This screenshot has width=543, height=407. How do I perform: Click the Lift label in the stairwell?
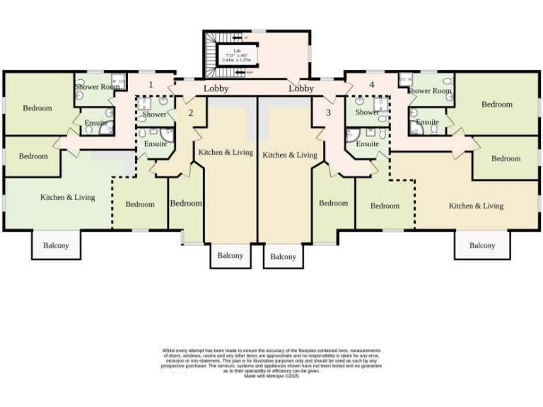pyautogui.click(x=237, y=51)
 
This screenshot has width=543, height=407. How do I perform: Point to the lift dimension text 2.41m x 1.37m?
pyautogui.click(x=237, y=60)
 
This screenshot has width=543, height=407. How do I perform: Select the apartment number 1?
pyautogui.click(x=150, y=85)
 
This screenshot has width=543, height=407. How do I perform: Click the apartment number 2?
pyautogui.click(x=190, y=112)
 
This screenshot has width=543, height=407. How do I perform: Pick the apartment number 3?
pyautogui.click(x=328, y=112)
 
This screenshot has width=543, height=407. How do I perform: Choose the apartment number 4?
pyautogui.click(x=372, y=85)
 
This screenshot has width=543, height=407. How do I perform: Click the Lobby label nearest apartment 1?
pyautogui.click(x=216, y=88)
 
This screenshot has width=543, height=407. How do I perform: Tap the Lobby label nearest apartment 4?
pyautogui.click(x=301, y=88)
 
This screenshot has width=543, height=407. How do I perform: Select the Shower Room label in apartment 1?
pyautogui.click(x=98, y=87)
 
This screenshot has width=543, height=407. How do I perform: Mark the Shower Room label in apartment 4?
pyautogui.click(x=429, y=90)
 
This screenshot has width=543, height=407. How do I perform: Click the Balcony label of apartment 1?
pyautogui.click(x=57, y=245)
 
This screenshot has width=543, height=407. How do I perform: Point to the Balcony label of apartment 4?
pyautogui.click(x=482, y=245)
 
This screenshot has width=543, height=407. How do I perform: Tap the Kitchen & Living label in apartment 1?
pyautogui.click(x=68, y=197)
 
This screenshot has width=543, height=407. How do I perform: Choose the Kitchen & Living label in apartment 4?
pyautogui.click(x=477, y=206)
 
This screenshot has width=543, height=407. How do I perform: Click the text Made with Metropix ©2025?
pyautogui.click(x=272, y=376)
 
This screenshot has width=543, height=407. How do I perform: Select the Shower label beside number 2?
pyautogui.click(x=154, y=114)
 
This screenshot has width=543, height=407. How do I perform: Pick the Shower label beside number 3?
pyautogui.click(x=368, y=112)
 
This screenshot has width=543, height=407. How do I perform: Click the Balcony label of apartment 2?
pyautogui.click(x=230, y=255)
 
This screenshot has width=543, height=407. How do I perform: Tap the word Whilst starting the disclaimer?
pyautogui.click(x=169, y=350)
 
